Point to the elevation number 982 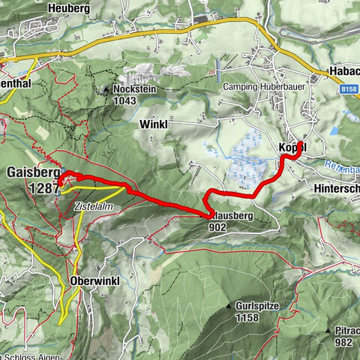coord(343,342)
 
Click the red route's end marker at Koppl coord(300,143)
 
